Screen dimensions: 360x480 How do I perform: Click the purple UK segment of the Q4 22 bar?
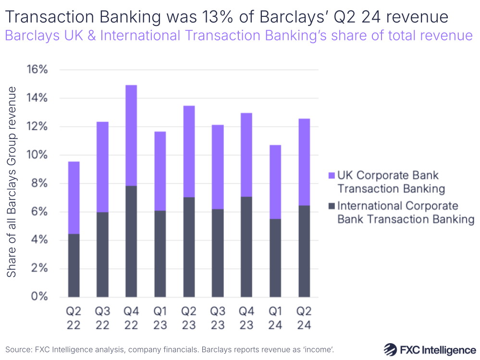point(131,136)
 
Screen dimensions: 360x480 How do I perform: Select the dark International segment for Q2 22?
point(74,265)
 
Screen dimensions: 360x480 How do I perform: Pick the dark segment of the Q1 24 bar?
point(275,258)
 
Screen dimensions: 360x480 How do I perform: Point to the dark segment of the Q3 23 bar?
point(218,253)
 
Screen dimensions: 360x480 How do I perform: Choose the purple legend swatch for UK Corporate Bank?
point(330,176)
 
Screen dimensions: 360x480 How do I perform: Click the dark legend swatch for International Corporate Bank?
point(330,206)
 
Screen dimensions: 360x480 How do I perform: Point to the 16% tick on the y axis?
point(37,70)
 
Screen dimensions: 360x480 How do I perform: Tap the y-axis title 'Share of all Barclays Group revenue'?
point(12,182)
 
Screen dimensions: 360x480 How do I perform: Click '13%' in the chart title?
point(212,17)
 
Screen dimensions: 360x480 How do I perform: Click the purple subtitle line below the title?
point(239,36)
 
